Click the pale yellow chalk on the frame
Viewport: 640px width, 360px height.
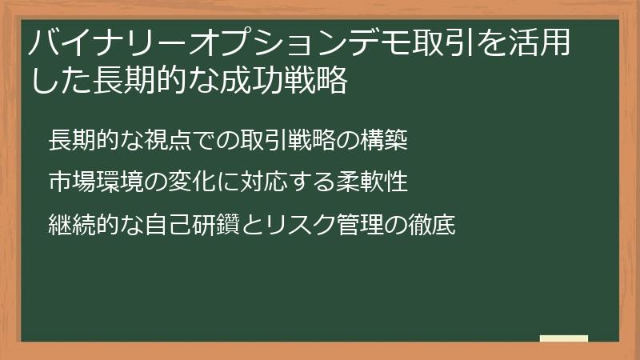pyautogui.click(x=563, y=338)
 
